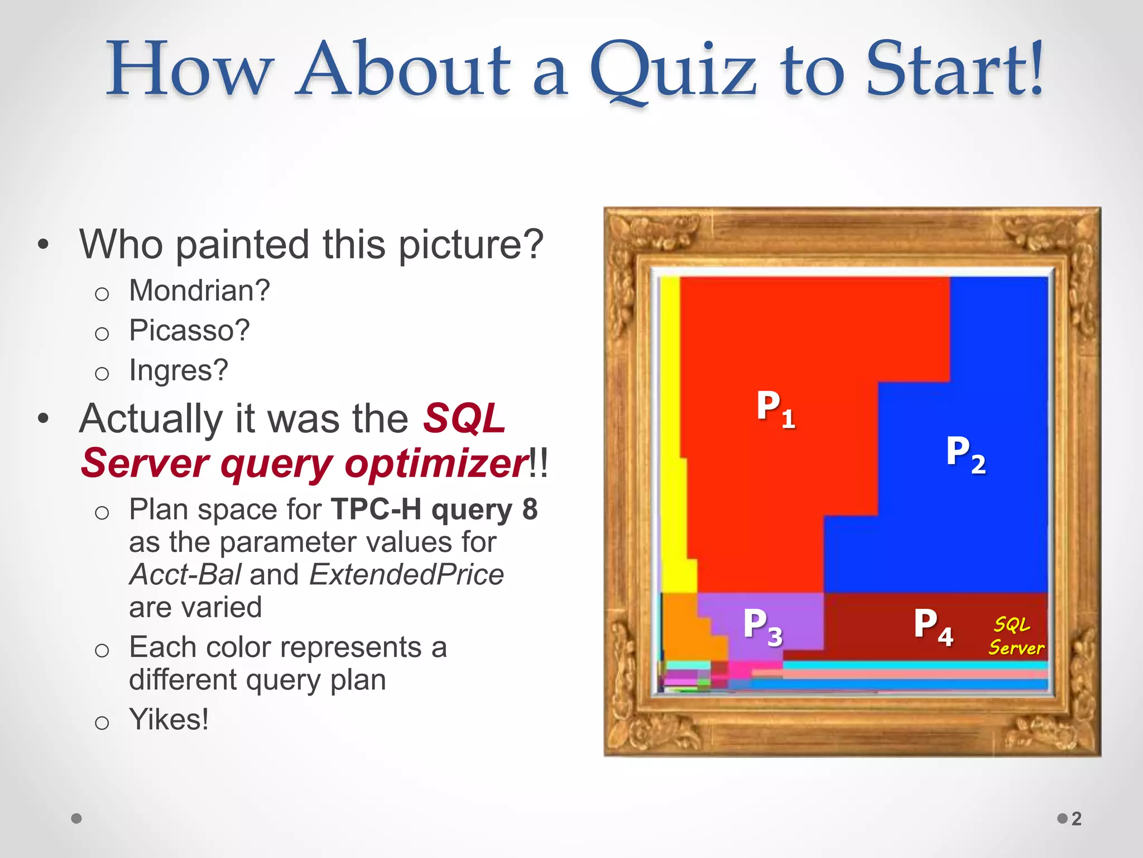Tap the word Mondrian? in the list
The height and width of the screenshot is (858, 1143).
[x=199, y=290]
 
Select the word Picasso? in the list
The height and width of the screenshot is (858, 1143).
[x=189, y=330]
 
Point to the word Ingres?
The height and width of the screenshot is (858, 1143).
[x=179, y=370]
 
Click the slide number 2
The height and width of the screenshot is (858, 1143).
[x=1077, y=819]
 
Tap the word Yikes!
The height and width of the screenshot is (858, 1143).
[x=169, y=719]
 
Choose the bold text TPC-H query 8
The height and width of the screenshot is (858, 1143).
[x=434, y=509]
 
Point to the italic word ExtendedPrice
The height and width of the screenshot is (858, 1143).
[x=407, y=575]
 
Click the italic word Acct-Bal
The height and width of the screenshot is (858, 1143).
[x=185, y=575]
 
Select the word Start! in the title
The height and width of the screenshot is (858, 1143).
[x=954, y=70]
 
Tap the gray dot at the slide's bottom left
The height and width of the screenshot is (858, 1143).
[x=77, y=819]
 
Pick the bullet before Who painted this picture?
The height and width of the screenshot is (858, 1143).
[x=44, y=245]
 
